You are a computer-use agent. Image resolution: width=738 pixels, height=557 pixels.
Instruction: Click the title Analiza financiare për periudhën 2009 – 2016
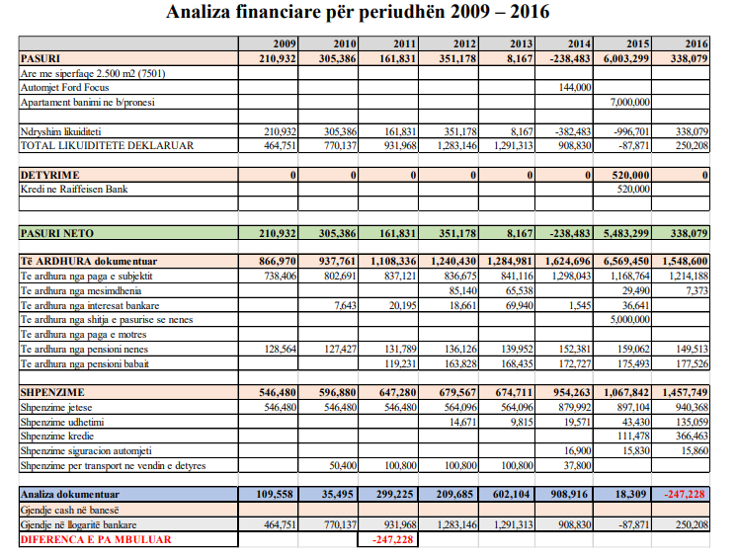click(x=359, y=13)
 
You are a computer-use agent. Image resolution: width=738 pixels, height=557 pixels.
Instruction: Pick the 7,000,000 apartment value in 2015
click(x=630, y=102)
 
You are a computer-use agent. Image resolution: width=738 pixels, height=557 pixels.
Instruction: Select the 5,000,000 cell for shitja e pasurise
click(x=630, y=320)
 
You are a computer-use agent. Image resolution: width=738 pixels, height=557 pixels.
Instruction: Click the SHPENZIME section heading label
click(x=55, y=392)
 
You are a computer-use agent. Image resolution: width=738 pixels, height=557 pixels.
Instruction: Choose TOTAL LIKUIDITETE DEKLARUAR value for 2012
click(x=454, y=146)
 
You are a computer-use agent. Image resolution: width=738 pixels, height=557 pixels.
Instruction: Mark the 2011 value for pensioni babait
click(x=398, y=363)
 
